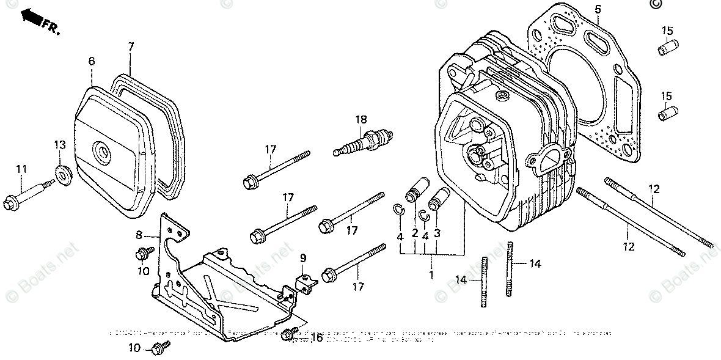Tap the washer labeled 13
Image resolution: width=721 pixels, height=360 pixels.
62,174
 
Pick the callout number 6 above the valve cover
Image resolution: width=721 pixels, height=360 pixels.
92,61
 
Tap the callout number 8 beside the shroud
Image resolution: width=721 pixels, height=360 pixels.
139,234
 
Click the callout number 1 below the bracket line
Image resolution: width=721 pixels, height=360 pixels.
431,276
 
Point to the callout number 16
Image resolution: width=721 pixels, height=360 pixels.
317,337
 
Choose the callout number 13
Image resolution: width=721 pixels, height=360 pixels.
59,144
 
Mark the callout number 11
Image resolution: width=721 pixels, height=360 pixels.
21,168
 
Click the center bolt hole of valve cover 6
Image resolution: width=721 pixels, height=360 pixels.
100,150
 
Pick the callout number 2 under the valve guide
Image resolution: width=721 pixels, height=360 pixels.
415,233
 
